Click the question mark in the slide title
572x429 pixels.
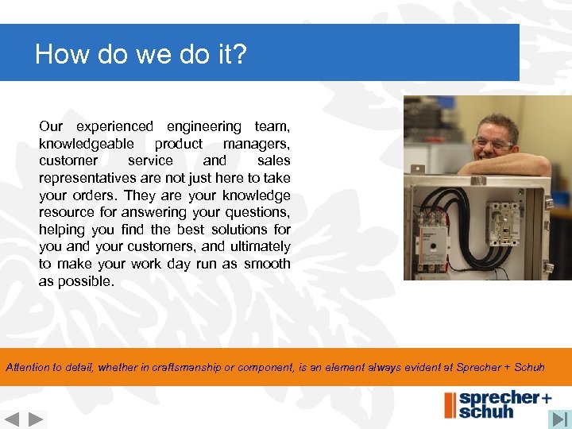coord(242,55)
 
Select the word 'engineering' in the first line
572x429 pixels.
coord(203,126)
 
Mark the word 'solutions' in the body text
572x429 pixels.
coord(230,230)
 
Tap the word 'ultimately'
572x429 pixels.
coord(259,247)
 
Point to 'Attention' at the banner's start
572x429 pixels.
coord(31,367)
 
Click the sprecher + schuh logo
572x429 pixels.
coord(497,404)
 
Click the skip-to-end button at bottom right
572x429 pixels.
coord(560,419)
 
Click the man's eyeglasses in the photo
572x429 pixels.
coord(493,144)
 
